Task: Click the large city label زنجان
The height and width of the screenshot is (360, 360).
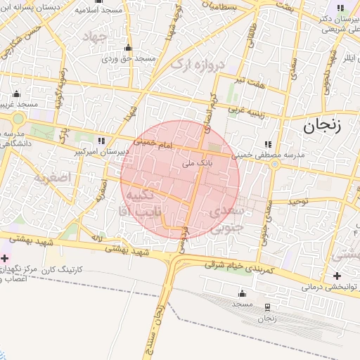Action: click(322, 127)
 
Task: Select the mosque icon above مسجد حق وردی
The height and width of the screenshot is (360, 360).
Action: click(128, 48)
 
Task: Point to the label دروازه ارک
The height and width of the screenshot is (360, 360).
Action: click(197, 67)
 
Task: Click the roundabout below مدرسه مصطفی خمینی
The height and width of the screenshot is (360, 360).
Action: click(275, 165)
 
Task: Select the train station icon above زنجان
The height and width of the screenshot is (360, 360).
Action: click(266, 307)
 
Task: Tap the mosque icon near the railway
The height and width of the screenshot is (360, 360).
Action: click(243, 292)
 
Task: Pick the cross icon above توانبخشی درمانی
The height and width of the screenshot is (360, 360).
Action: click(339, 275)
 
